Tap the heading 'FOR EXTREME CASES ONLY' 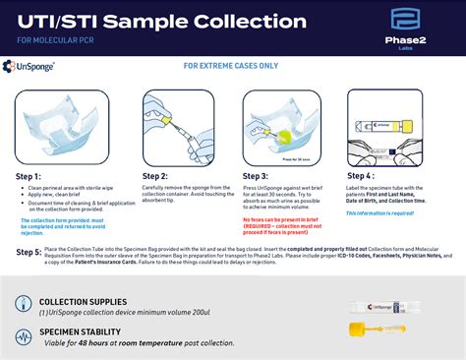pyautogui.click(x=232, y=67)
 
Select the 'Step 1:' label pyautogui.click(x=33, y=176)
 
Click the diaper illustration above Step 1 pyautogui.click(x=59, y=127)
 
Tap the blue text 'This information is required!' pyautogui.click(x=389, y=212)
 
